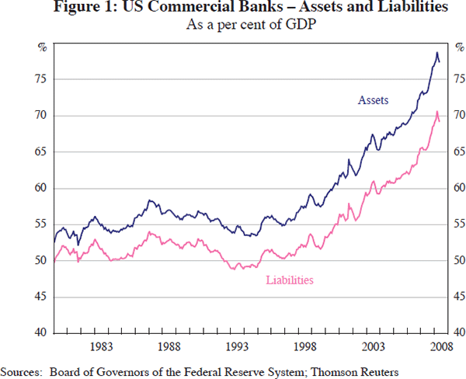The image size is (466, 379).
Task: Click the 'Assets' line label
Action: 373,100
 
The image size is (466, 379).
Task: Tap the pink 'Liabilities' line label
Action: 289,280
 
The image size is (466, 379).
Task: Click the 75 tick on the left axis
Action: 43,79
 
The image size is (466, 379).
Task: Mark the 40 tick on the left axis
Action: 43,332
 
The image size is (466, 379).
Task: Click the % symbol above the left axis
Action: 43,47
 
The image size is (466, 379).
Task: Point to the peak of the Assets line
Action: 436,52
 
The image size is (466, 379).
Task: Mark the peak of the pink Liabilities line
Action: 436,112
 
